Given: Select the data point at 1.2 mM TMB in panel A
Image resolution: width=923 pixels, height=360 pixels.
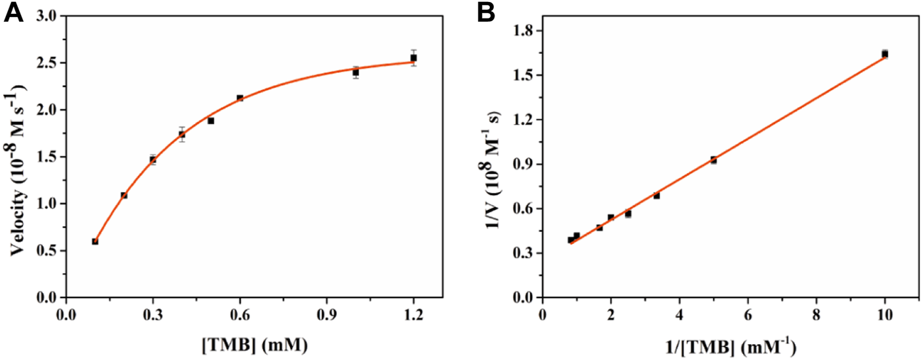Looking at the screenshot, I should coord(413,58).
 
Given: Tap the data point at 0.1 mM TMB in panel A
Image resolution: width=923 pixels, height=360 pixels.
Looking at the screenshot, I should coord(95,241).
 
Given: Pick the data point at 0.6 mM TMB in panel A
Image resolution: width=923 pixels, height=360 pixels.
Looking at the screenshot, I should coord(240,98).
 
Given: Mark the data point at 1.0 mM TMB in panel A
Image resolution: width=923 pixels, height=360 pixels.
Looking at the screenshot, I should coord(356,73).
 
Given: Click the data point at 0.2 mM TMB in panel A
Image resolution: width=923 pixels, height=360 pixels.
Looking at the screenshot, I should coord(124,195).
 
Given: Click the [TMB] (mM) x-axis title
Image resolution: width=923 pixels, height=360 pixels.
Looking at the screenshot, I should coord(254,344).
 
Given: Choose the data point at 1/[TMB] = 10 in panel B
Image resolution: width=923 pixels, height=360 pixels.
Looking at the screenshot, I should coord(885,54).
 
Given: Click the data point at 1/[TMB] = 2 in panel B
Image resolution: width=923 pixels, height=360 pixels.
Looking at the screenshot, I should coord(610,218).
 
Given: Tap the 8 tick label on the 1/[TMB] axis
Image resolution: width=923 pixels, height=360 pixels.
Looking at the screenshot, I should coord(816,315).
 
